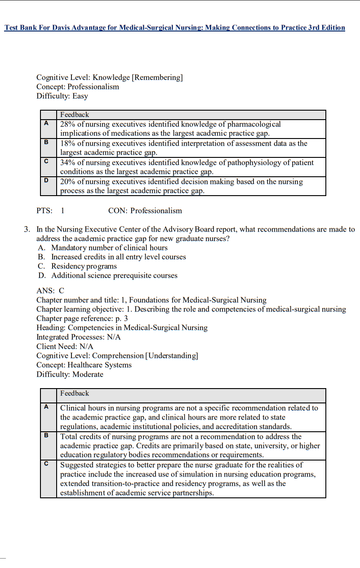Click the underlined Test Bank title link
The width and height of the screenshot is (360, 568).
[175, 28]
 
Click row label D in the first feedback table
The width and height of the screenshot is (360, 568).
[46, 180]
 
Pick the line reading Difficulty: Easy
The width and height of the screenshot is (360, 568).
[62, 96]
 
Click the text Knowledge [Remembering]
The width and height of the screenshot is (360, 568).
[138, 77]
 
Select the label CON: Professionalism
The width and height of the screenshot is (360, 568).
[145, 210]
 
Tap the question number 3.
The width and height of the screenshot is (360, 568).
[27, 229]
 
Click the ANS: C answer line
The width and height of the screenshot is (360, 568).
[50, 291]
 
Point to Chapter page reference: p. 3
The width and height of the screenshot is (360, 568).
[82, 318]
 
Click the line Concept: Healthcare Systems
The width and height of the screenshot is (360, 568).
[84, 365]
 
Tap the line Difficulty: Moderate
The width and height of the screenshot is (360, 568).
[70, 374]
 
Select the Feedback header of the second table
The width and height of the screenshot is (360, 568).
[75, 394]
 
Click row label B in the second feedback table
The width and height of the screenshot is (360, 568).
[46, 435]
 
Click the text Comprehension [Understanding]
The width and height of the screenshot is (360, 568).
[145, 356]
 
